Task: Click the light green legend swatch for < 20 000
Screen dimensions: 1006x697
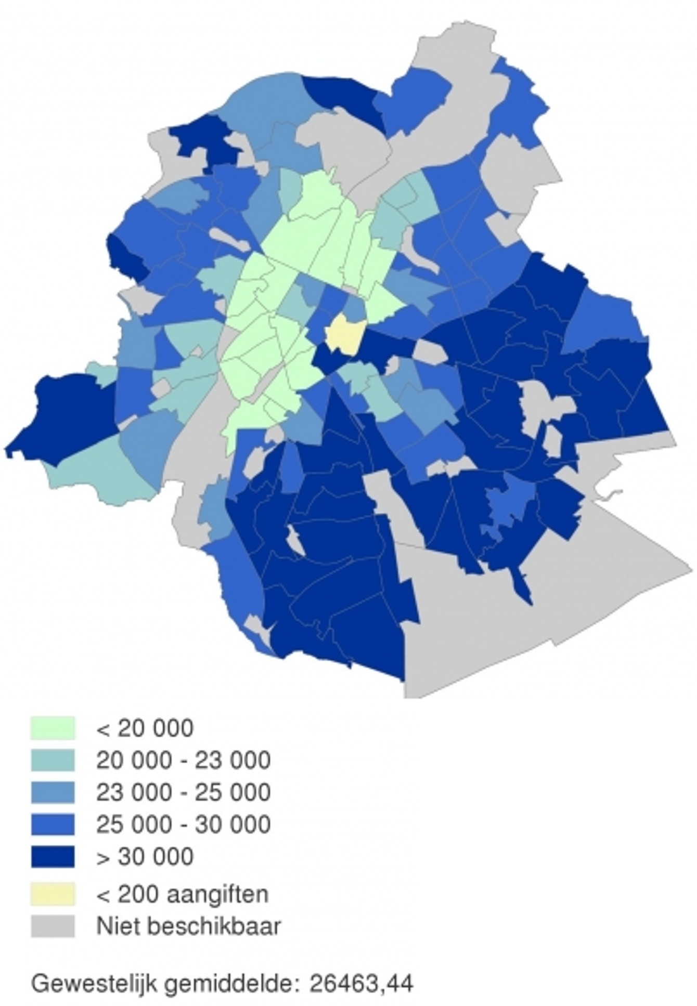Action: (x=53, y=728)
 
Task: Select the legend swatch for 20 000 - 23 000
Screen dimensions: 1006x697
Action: (x=53, y=760)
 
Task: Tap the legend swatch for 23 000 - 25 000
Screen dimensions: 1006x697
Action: (x=53, y=792)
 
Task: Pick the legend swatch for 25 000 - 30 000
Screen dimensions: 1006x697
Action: (x=53, y=825)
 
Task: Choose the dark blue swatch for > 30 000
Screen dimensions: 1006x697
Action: (x=53, y=856)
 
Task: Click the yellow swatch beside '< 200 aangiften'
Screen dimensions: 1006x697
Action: (x=53, y=894)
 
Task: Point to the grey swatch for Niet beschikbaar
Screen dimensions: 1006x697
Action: (x=53, y=926)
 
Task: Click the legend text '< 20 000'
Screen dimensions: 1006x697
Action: (x=145, y=728)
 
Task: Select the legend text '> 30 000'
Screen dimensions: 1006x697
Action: (x=145, y=857)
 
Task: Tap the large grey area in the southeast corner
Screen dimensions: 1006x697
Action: (x=520, y=613)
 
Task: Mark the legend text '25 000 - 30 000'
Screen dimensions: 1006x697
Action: (x=183, y=825)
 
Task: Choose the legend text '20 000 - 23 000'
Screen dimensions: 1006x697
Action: (x=183, y=760)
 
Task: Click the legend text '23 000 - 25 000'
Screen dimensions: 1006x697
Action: (x=183, y=792)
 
